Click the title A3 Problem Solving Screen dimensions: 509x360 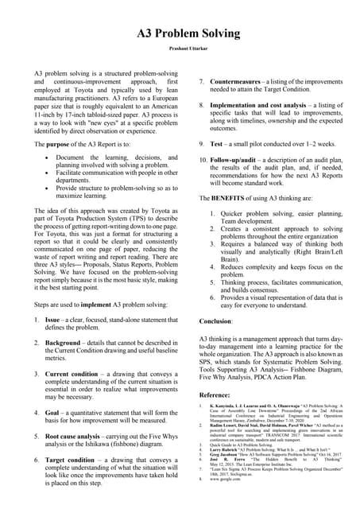tap(180, 34)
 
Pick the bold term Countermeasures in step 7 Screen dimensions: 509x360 tap(242, 81)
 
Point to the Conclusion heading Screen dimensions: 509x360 tap(216, 321)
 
